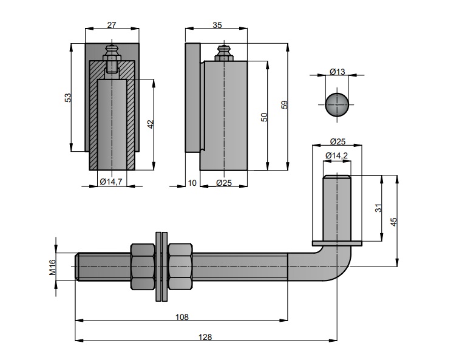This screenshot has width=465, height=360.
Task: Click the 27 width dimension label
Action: coord(111,25)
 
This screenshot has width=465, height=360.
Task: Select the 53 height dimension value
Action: coord(69,97)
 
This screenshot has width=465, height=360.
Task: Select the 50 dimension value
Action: coord(264,117)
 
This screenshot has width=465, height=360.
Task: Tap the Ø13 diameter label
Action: coord(337,72)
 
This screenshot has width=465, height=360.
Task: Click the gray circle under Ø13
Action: coord(337,104)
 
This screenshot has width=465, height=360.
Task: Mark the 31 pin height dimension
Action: coord(378,208)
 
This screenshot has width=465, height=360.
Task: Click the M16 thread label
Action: coord(52,267)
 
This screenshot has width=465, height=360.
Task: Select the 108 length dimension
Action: coord(182,316)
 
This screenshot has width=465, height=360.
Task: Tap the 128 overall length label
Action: coord(206,338)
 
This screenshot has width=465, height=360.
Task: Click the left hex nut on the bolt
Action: coord(143,266)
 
